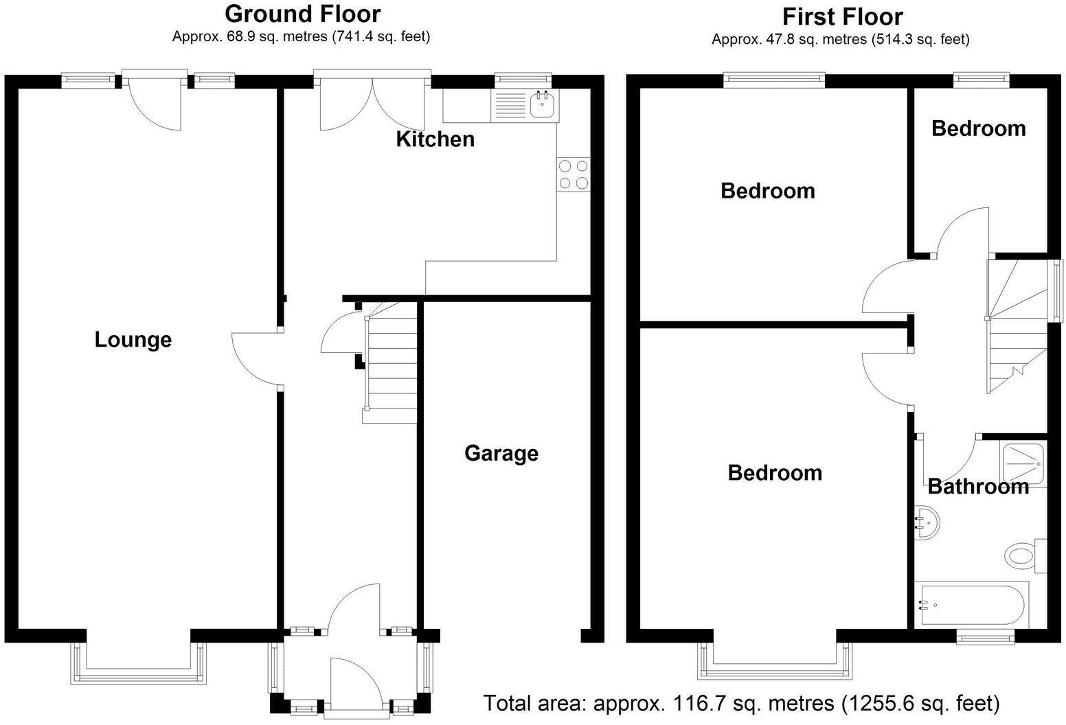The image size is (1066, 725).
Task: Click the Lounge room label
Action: pos(133,340)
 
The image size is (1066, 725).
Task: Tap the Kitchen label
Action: pos(435,139)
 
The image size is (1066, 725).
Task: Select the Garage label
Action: pos(501,453)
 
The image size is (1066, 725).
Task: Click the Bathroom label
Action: pos(977,487)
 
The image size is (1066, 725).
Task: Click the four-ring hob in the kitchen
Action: pos(574,174)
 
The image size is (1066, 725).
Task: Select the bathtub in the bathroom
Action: pos(971,605)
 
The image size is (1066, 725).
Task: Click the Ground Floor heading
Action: pos(302,13)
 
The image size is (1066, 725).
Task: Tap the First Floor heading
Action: pos(842,16)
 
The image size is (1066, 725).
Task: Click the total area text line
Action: pos(741,703)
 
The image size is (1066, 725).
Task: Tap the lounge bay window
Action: pos(138,664)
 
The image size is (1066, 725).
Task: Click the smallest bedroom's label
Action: pos(978,128)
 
